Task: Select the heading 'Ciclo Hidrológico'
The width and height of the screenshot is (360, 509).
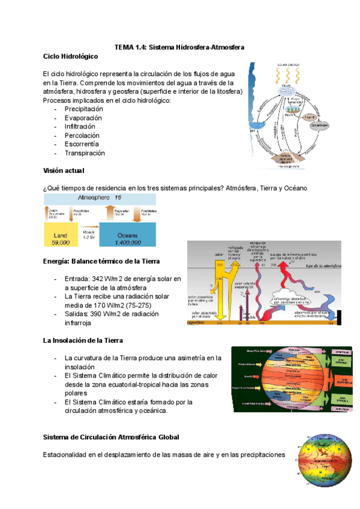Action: click(71, 56)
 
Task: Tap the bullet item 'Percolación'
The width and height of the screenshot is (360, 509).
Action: click(82, 136)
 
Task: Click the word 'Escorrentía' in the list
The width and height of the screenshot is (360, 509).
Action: click(82, 144)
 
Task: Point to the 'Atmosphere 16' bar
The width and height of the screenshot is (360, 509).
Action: click(99, 197)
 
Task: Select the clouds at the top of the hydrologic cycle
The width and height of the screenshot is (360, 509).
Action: click(286, 89)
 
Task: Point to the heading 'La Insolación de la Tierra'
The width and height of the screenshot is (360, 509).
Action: click(88, 340)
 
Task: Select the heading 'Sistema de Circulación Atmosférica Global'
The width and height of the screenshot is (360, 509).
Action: click(111, 436)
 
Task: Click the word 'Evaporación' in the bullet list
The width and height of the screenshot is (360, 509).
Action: click(83, 118)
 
